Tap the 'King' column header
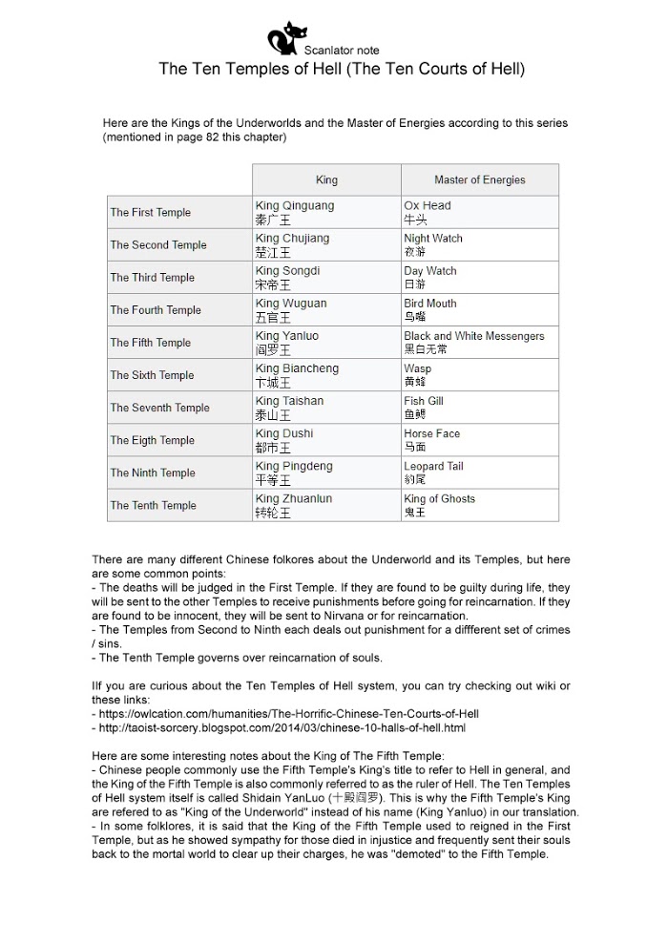tap(326, 179)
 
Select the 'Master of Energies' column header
tap(479, 179)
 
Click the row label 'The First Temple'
tap(151, 213)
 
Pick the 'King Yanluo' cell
tap(287, 343)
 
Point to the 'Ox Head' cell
tap(428, 212)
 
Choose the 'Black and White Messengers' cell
tap(473, 343)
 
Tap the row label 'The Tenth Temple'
tap(153, 505)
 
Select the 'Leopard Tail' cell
tap(433, 472)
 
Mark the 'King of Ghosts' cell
tap(439, 505)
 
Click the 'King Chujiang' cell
tap(292, 244)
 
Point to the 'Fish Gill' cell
tap(426, 408)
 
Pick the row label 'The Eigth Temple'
tap(152, 440)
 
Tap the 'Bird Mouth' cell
tap(430, 309)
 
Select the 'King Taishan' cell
tap(289, 408)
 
